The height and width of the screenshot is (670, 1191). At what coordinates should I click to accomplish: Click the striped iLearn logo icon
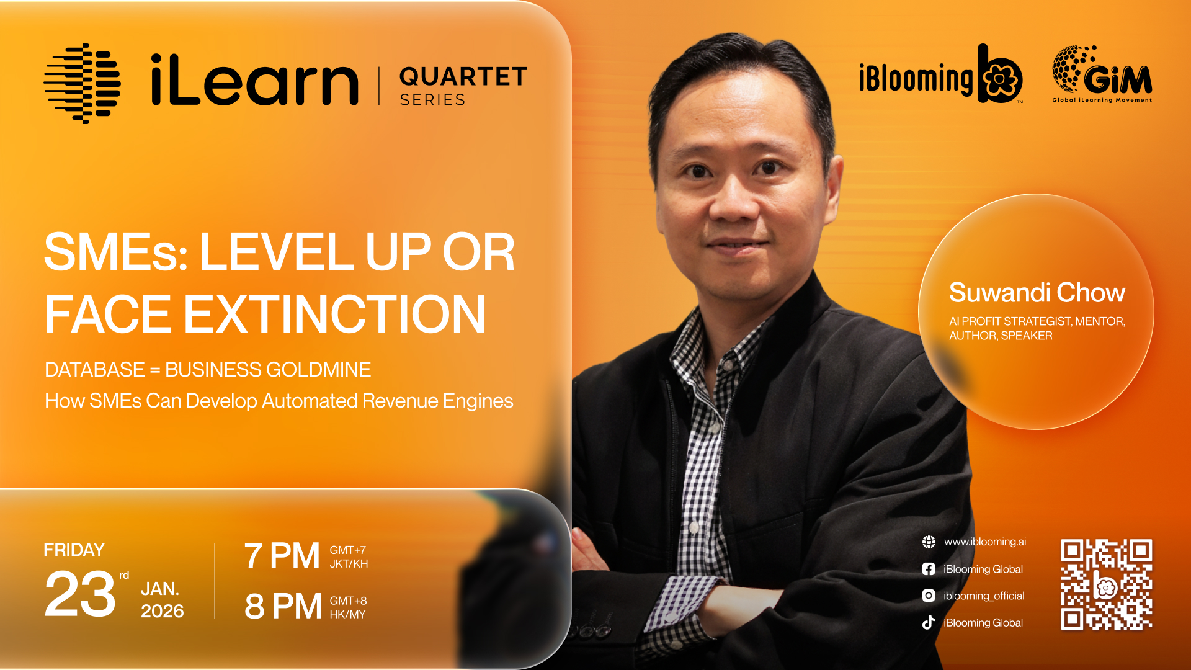pyautogui.click(x=82, y=84)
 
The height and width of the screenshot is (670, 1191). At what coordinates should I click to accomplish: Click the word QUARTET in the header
pyautogui.click(x=463, y=77)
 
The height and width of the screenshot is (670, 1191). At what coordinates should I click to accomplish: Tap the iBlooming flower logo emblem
pyautogui.click(x=1000, y=74)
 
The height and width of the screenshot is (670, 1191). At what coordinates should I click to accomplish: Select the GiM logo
pyautogui.click(x=1102, y=74)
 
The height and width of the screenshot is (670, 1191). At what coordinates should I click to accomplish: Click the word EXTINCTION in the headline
pyautogui.click(x=335, y=315)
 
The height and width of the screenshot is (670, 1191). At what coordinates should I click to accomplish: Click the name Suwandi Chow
pyautogui.click(x=1037, y=292)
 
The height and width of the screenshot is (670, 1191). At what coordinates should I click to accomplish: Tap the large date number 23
pyautogui.click(x=80, y=594)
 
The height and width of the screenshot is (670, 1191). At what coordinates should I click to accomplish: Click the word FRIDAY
pyautogui.click(x=74, y=550)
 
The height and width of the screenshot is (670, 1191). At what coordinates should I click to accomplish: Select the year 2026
pyautogui.click(x=163, y=611)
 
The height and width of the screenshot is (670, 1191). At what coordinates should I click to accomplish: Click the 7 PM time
pyautogui.click(x=282, y=555)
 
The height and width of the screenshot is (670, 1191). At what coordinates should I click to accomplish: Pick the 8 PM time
pyautogui.click(x=283, y=606)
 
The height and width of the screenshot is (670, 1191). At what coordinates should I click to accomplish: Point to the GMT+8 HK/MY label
pyautogui.click(x=348, y=607)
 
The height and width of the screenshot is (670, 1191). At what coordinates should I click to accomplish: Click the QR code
pyautogui.click(x=1107, y=585)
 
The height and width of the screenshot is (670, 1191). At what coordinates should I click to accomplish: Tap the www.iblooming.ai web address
pyautogui.click(x=985, y=542)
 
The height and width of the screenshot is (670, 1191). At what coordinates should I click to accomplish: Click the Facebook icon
pyautogui.click(x=929, y=569)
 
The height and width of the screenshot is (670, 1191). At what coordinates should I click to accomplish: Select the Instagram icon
pyautogui.click(x=929, y=596)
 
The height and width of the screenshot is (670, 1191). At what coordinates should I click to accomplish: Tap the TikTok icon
pyautogui.click(x=929, y=622)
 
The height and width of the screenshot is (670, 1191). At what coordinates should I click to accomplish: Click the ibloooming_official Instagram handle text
pyautogui.click(x=984, y=596)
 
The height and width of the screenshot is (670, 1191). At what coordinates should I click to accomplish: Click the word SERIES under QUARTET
pyautogui.click(x=432, y=100)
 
